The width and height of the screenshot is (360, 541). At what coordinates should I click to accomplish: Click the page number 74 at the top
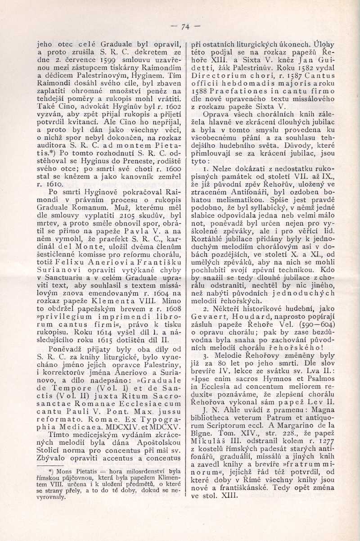pos(184,26)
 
